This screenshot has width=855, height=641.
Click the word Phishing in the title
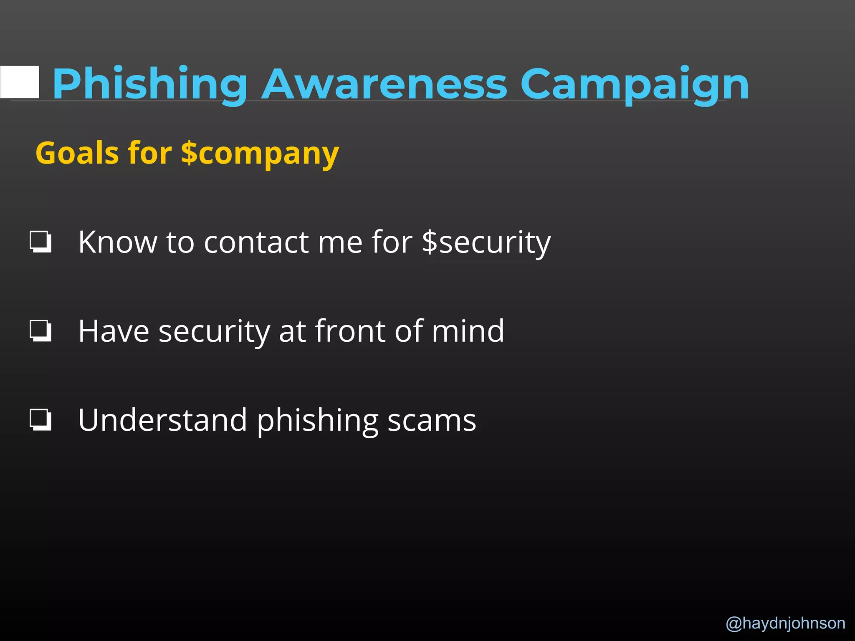(x=149, y=84)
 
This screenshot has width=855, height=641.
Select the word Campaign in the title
(x=635, y=84)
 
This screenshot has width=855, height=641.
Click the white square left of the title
(x=20, y=82)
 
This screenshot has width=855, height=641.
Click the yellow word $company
(x=260, y=154)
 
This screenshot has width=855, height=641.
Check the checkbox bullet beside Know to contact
(x=40, y=242)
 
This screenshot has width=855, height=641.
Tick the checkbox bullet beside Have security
(x=40, y=331)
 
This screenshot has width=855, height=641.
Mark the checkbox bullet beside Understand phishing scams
(x=40, y=420)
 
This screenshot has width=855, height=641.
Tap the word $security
(x=486, y=243)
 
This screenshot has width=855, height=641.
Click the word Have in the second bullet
(x=114, y=331)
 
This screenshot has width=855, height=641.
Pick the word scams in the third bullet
(x=432, y=421)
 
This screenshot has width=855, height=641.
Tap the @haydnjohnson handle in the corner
(x=785, y=623)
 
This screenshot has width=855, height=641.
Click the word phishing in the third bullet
(x=317, y=421)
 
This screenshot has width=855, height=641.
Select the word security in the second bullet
(x=214, y=332)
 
